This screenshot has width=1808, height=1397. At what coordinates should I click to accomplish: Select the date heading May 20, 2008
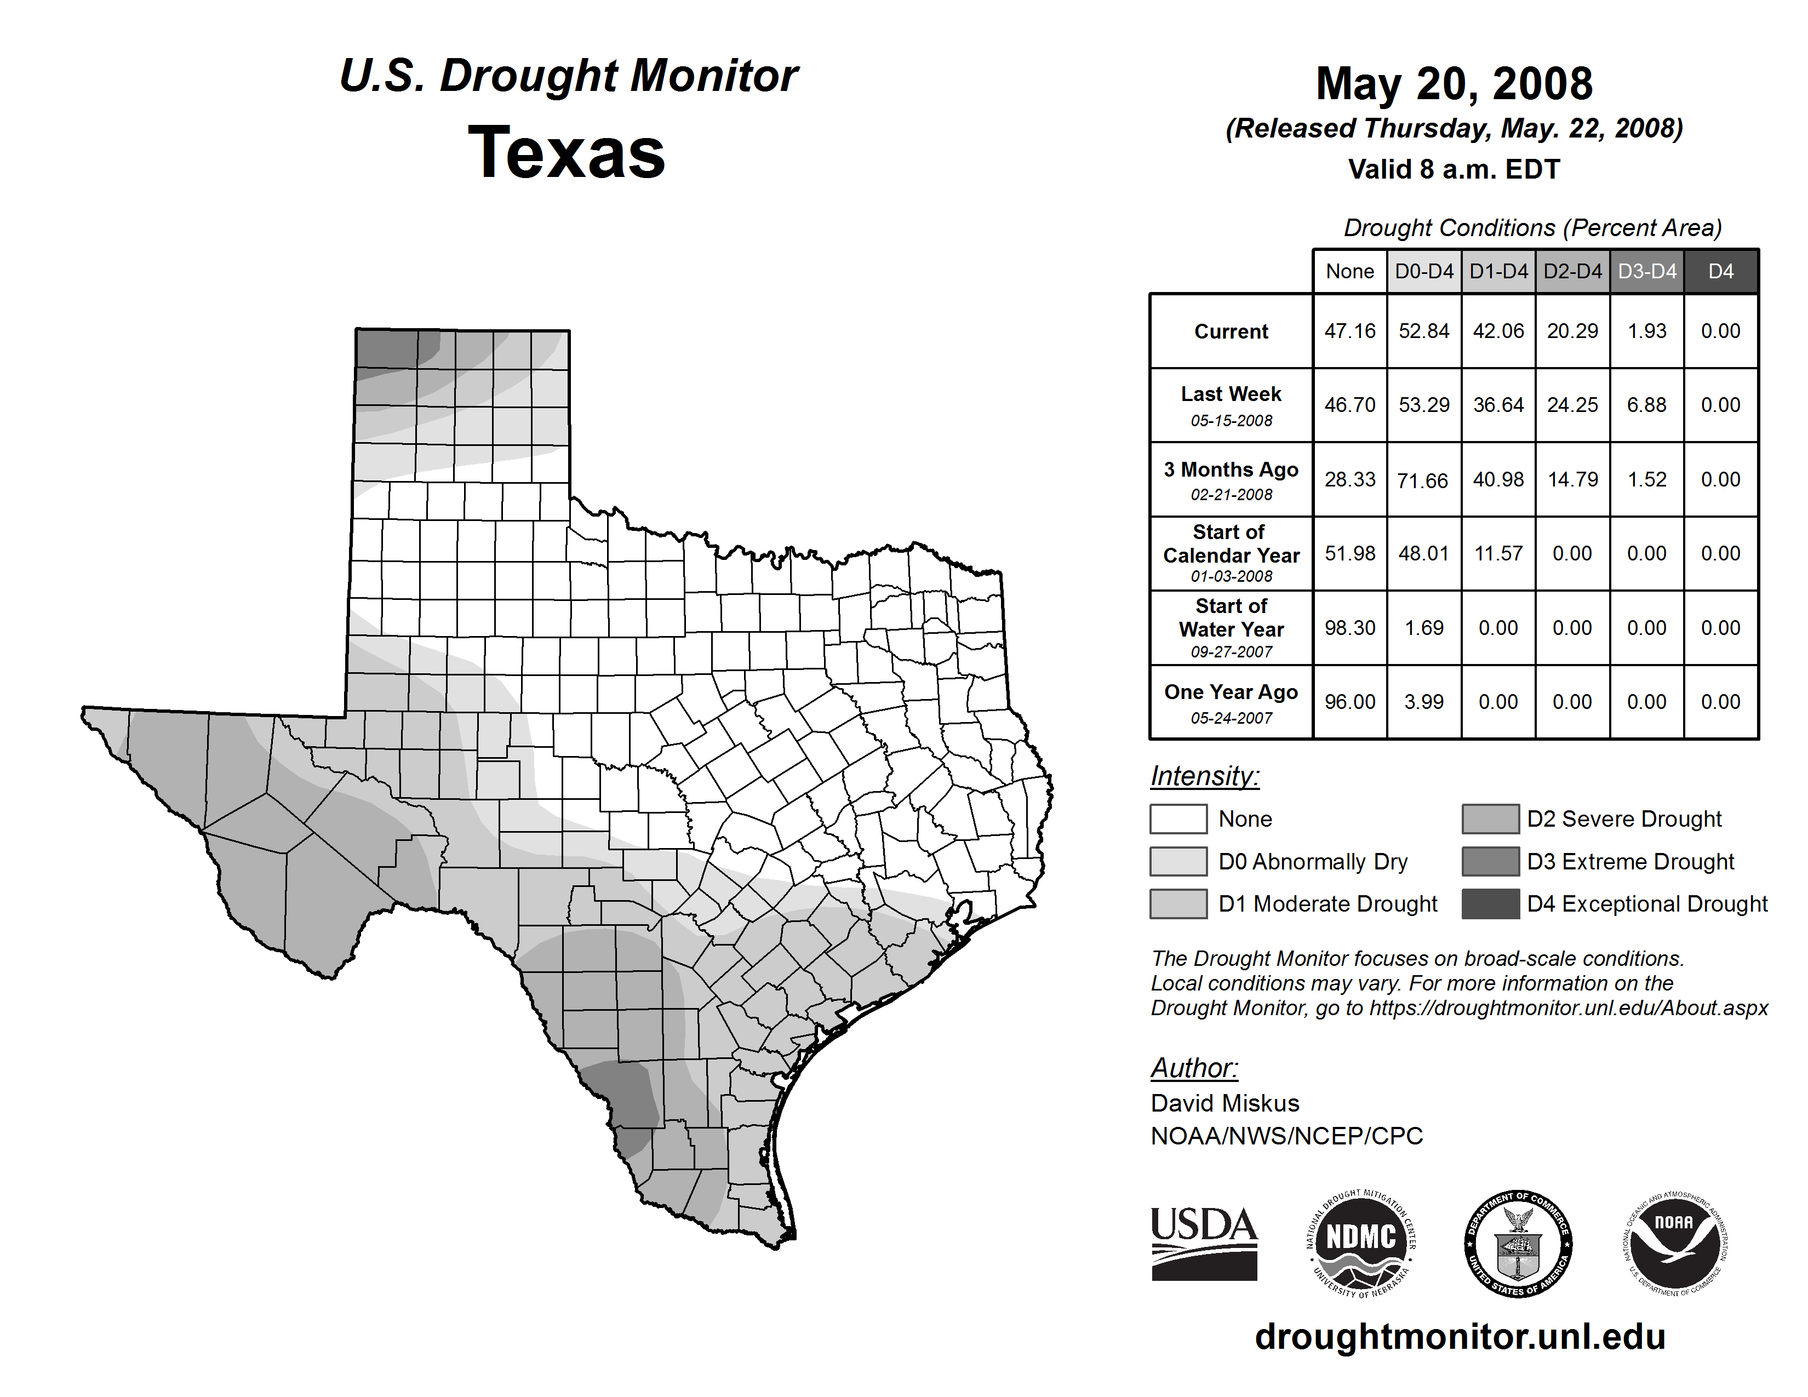point(1454,84)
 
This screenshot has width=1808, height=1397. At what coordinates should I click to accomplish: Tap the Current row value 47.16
point(1349,331)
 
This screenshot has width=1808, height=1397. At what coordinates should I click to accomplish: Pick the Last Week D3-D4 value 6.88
point(1646,405)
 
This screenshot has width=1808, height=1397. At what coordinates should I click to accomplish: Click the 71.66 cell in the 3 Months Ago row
point(1423,480)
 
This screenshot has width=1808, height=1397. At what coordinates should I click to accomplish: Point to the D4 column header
point(1720,271)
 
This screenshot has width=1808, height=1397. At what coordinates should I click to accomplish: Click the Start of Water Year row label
point(1231,628)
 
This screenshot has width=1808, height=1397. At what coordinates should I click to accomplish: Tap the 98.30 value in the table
point(1349,628)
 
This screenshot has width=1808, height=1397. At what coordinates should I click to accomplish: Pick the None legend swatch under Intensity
point(1178,818)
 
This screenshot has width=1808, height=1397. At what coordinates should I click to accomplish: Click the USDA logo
point(1204,1243)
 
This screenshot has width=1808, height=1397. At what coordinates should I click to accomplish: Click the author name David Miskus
point(1225,1103)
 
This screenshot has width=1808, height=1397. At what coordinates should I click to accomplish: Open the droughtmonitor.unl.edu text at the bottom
point(1460,1337)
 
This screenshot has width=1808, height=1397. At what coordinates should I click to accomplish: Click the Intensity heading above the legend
point(1204,776)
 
